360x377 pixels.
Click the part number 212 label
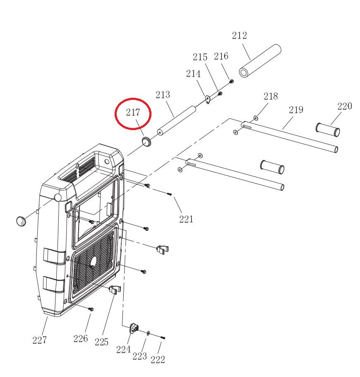click(x=239, y=36)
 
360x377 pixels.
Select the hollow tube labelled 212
click(x=260, y=61)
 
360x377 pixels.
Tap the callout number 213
click(x=163, y=95)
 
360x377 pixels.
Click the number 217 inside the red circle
click(x=133, y=112)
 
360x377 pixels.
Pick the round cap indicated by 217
click(x=146, y=141)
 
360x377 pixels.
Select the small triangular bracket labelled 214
click(x=208, y=99)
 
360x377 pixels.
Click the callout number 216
click(x=221, y=56)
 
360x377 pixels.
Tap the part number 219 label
click(x=296, y=110)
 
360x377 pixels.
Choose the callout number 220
click(x=344, y=106)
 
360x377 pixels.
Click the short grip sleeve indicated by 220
click(x=328, y=129)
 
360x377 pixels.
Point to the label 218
click(x=271, y=96)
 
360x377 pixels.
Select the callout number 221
click(x=186, y=219)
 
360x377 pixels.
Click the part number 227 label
click(x=39, y=340)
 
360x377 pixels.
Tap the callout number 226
click(x=81, y=338)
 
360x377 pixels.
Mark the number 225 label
click(x=101, y=342)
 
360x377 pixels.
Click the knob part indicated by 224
click(x=134, y=329)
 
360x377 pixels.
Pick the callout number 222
click(x=158, y=359)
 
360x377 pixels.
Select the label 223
click(x=140, y=356)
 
